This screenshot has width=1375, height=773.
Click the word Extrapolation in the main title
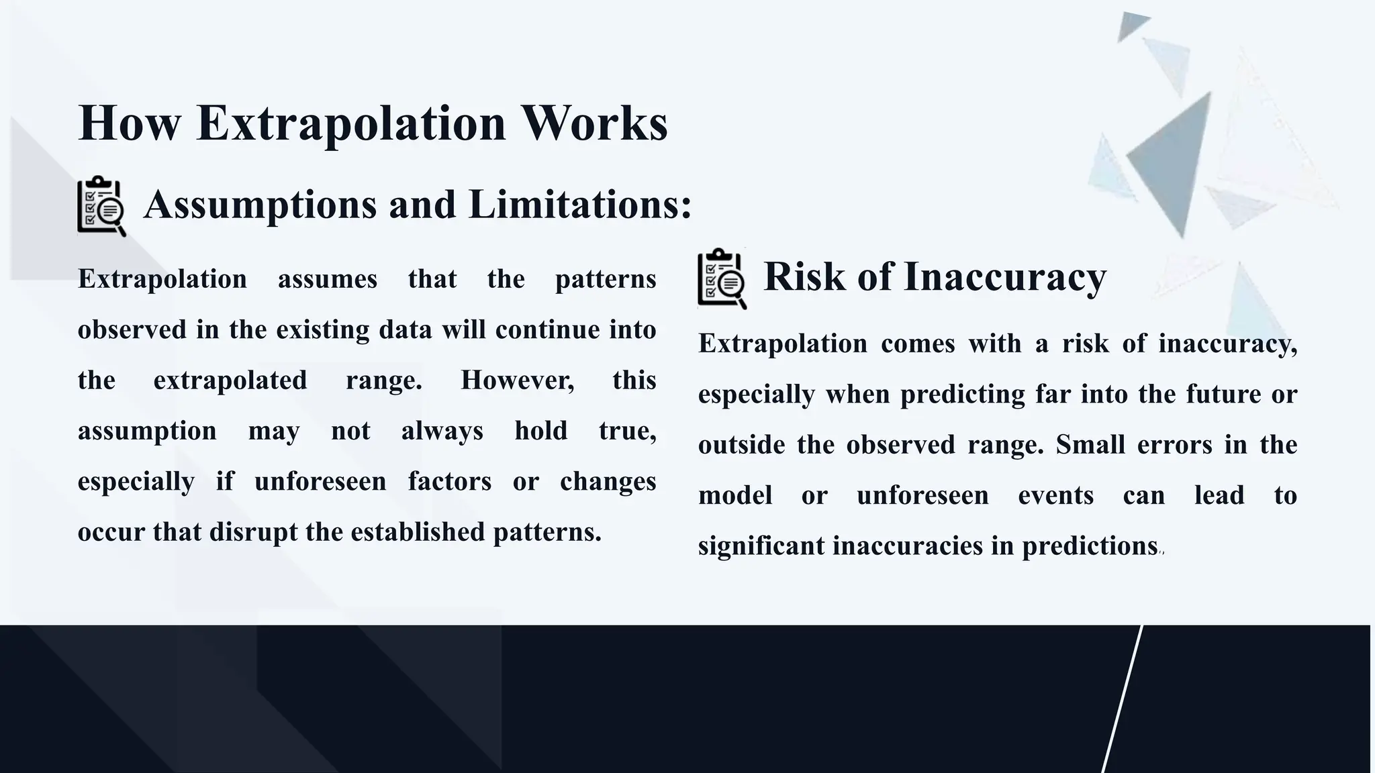(x=350, y=123)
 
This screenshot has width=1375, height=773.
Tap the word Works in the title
(x=594, y=123)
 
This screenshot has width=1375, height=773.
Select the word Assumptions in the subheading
(x=260, y=204)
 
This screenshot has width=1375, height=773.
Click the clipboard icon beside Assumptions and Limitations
(x=101, y=206)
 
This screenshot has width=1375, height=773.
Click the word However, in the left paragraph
(x=517, y=380)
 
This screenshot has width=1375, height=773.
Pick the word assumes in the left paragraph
(x=328, y=279)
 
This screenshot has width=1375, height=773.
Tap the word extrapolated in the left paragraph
(x=230, y=380)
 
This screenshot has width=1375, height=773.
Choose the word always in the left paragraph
(x=442, y=431)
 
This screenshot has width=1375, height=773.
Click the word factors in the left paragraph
(x=449, y=481)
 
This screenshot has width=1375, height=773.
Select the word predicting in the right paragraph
(x=962, y=395)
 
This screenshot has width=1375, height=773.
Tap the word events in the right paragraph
(x=1055, y=496)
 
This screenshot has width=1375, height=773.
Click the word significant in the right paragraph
(x=761, y=546)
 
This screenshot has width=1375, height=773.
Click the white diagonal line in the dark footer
(x=1123, y=698)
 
